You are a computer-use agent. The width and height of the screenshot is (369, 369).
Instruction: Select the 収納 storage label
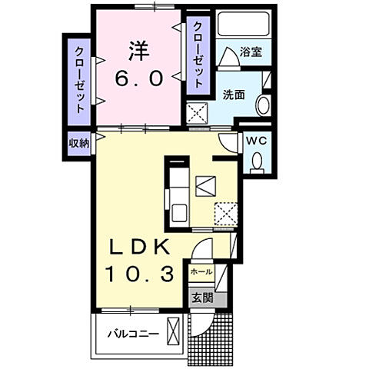(78, 142)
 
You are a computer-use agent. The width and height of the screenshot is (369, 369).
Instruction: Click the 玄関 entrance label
(201, 298)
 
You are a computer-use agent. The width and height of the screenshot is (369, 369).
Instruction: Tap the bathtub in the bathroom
(241, 24)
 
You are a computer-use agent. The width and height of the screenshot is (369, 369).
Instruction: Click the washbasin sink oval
(263, 105)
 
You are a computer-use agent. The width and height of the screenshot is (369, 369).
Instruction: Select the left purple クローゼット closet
(78, 81)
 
